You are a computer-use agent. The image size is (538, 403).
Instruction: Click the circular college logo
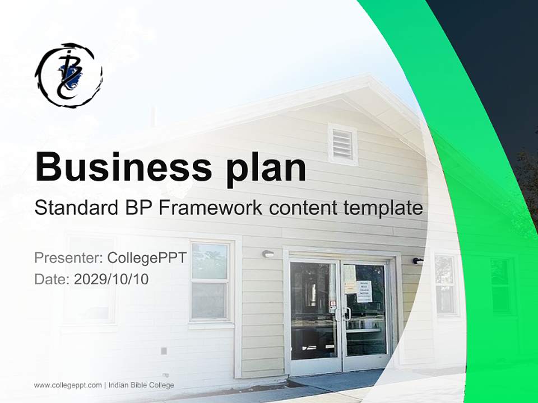pyautogui.click(x=69, y=74)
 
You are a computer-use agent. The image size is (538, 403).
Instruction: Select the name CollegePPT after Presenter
pyautogui.click(x=147, y=259)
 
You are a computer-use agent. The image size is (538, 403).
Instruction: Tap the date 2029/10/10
pyautogui.click(x=112, y=279)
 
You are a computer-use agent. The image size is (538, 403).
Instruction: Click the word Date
pyautogui.click(x=50, y=279)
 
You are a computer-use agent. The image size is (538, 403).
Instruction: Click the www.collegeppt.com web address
pyautogui.click(x=68, y=385)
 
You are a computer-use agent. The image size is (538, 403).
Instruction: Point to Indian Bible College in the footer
pyautogui.click(x=141, y=385)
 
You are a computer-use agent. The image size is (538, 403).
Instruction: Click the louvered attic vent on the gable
pyautogui.click(x=342, y=144)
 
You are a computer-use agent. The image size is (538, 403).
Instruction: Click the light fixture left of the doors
pyautogui.click(x=268, y=254)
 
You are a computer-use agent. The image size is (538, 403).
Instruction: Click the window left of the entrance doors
pyautogui.click(x=210, y=282)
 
